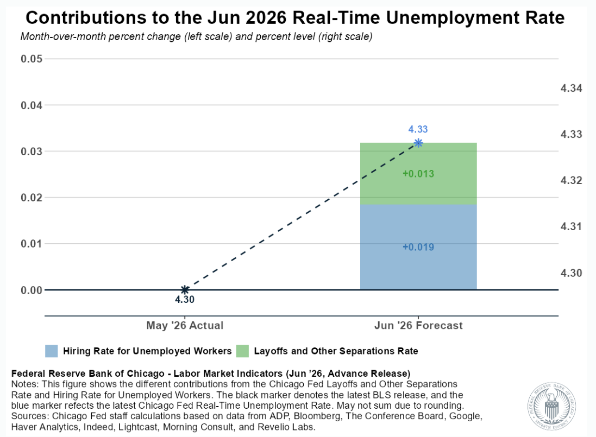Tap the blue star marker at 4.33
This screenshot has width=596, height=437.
[418, 143]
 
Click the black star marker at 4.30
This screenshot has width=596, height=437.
[185, 290]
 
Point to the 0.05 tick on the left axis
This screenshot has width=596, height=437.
[32, 59]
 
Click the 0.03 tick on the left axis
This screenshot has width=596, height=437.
[32, 151]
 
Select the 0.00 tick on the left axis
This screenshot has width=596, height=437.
[32, 290]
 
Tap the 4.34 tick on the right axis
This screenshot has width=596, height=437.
[572, 88]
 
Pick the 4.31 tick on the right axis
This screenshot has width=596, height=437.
[572, 227]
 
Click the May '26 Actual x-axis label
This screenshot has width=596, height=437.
[185, 325]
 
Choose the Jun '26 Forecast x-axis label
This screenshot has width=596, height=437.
[418, 325]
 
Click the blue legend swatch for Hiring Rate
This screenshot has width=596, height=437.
[51, 351]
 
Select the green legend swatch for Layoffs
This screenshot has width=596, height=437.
[242, 351]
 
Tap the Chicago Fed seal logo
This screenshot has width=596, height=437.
[552, 406]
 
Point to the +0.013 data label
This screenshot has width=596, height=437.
[418, 174]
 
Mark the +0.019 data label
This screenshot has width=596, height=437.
[418, 247]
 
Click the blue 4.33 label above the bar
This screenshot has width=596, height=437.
[418, 129]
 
